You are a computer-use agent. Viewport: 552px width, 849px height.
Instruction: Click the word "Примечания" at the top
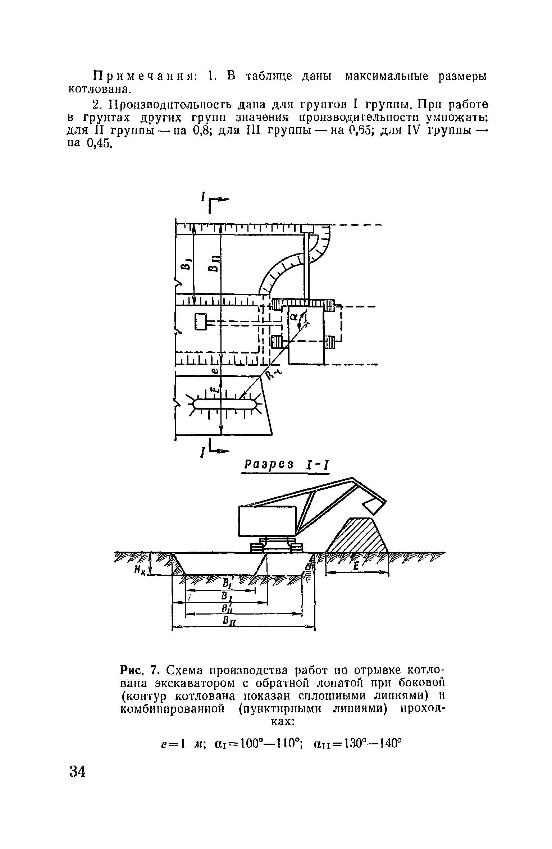pyautogui.click(x=144, y=77)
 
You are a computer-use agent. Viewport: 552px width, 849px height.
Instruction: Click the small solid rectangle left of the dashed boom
pyautogui.click(x=201, y=321)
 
